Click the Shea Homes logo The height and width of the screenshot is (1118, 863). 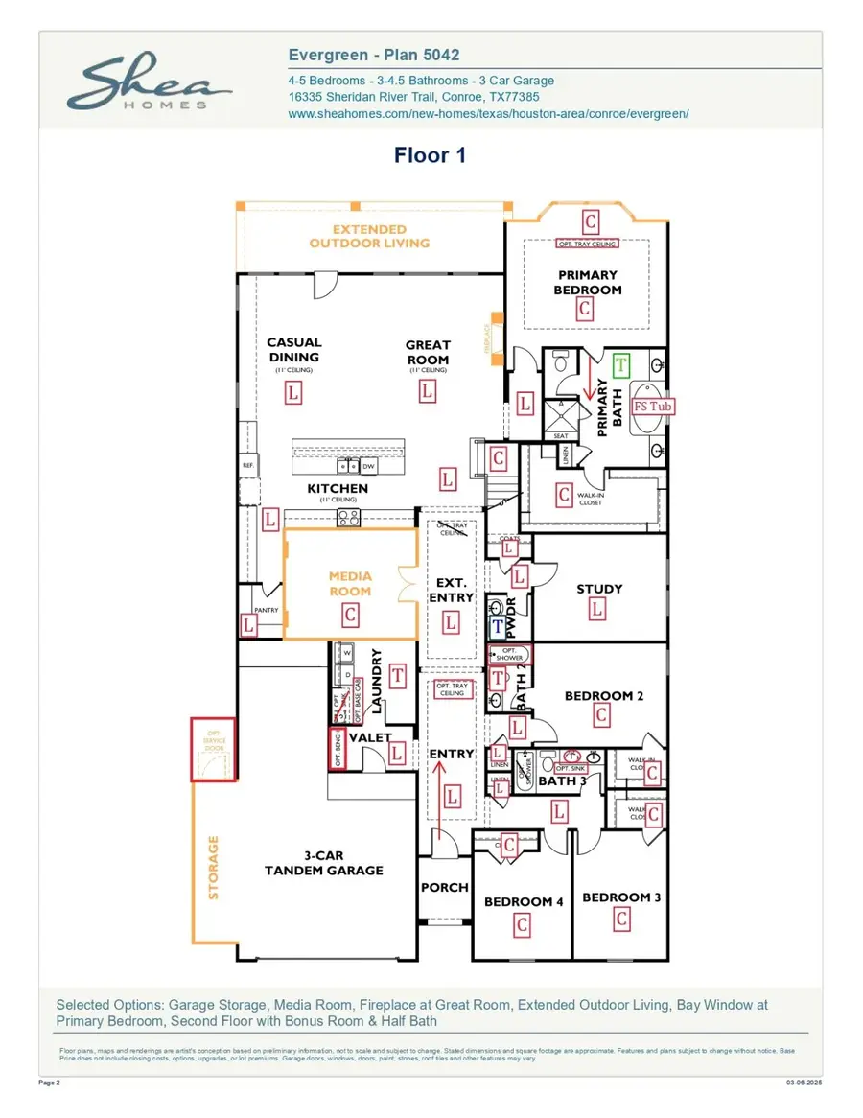[149, 83]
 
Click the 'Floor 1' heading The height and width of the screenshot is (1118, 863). [430, 155]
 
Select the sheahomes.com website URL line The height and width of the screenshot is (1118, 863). [488, 113]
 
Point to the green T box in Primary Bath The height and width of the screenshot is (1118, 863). [621, 364]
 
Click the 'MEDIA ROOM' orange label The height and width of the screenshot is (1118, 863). [350, 584]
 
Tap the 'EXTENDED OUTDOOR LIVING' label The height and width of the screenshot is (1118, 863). [369, 236]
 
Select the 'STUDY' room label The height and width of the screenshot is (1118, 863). [599, 589]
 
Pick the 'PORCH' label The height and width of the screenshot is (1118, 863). [445, 888]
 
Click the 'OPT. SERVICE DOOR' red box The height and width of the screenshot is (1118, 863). [213, 749]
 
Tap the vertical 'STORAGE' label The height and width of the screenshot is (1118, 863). [214, 868]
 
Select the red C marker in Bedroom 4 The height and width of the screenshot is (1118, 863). [522, 925]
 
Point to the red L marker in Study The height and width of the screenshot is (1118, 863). [597, 609]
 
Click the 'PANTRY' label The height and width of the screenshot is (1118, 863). [266, 611]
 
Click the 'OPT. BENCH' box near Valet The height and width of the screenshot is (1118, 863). [338, 748]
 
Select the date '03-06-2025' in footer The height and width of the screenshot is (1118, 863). [803, 1083]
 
